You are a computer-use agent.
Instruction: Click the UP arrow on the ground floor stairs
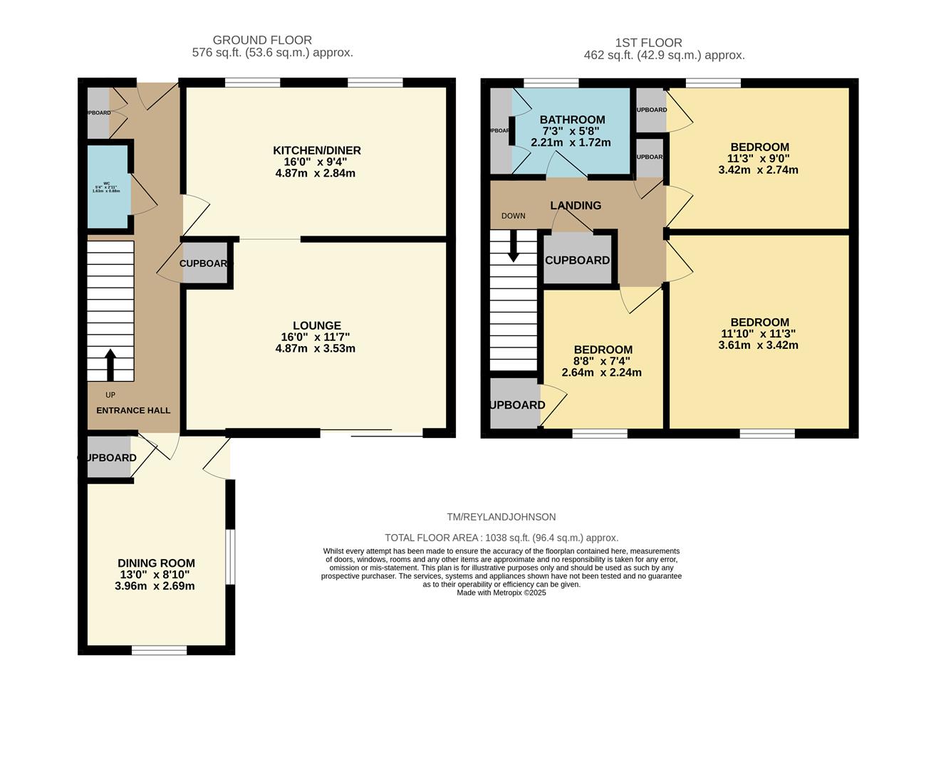tap(110, 365)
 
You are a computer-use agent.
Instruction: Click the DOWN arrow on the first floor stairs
tap(513, 249)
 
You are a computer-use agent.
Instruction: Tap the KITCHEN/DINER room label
tap(317, 150)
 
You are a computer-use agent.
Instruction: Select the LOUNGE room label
tap(317, 325)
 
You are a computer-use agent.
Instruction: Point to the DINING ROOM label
tap(156, 563)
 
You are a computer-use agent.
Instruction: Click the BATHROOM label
tap(572, 120)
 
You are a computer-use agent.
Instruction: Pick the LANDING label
tap(576, 205)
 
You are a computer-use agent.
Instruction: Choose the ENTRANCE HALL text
tap(133, 410)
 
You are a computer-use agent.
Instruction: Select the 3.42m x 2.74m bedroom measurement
tap(758, 170)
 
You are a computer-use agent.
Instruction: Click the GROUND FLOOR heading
tap(262, 41)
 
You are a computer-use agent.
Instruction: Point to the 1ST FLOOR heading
tap(648, 43)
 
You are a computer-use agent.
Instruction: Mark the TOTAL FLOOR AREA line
tap(501, 538)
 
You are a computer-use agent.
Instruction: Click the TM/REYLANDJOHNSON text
tap(501, 517)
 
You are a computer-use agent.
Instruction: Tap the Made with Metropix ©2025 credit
tap(501, 592)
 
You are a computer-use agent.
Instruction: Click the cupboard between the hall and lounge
tap(206, 263)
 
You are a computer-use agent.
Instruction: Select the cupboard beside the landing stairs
tap(577, 260)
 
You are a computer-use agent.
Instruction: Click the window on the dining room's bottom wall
tap(159, 649)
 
